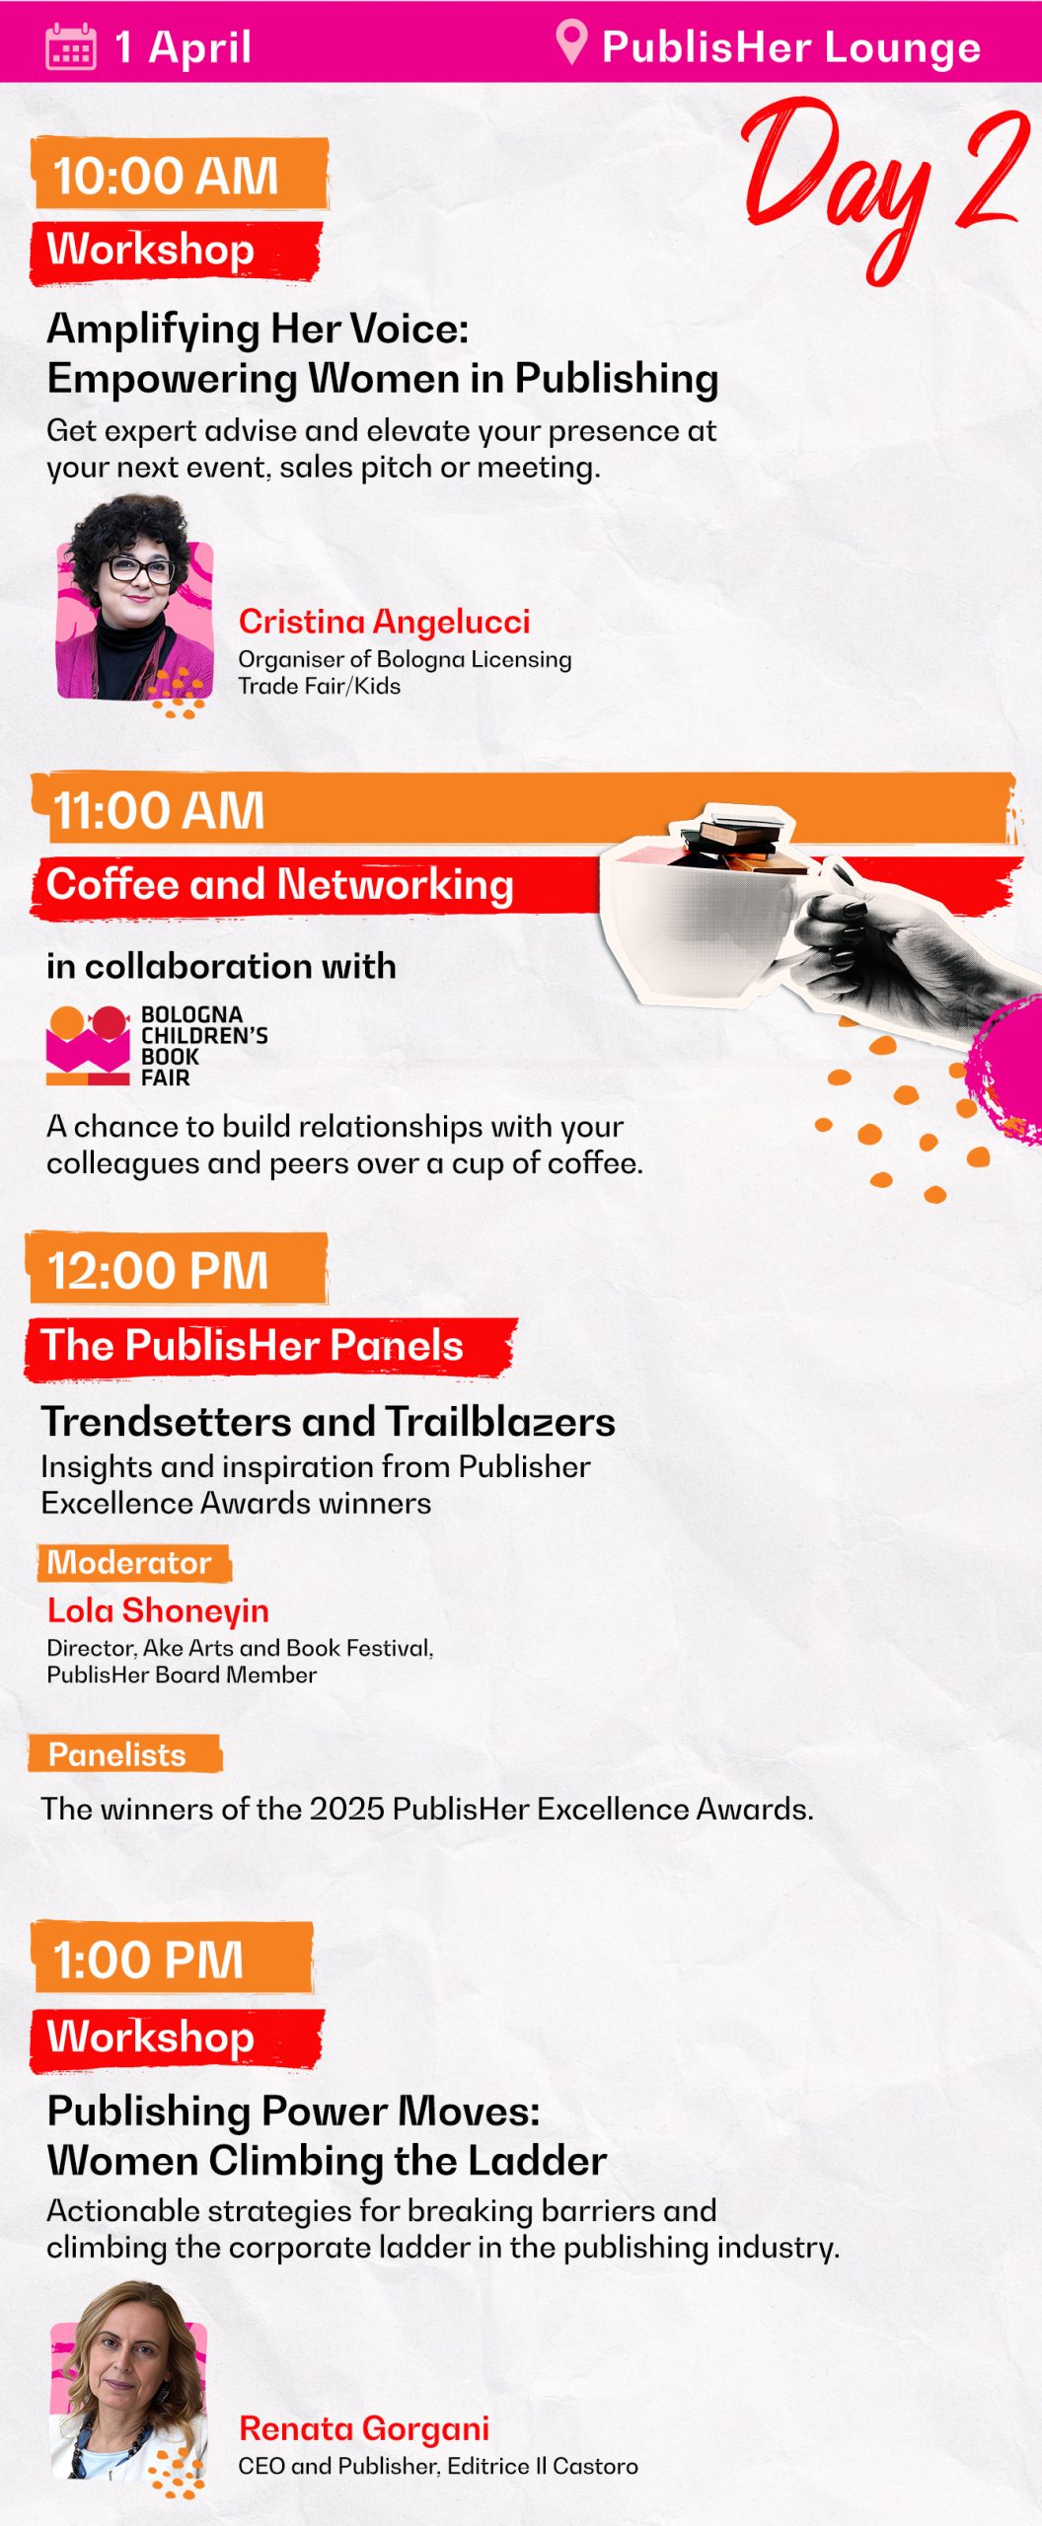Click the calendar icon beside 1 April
71,46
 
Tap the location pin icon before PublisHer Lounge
571,42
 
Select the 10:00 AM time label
166,176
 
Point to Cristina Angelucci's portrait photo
134,602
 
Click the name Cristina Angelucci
384,621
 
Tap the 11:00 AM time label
158,810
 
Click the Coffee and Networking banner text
280,884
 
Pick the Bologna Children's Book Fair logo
157,1045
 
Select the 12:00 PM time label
158,1270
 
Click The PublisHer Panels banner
253,1346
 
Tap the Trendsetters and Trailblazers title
329,1421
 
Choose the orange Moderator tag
132,1562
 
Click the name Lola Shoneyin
158,1610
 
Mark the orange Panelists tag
123,1754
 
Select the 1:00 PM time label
148,1960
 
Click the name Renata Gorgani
364,2427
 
